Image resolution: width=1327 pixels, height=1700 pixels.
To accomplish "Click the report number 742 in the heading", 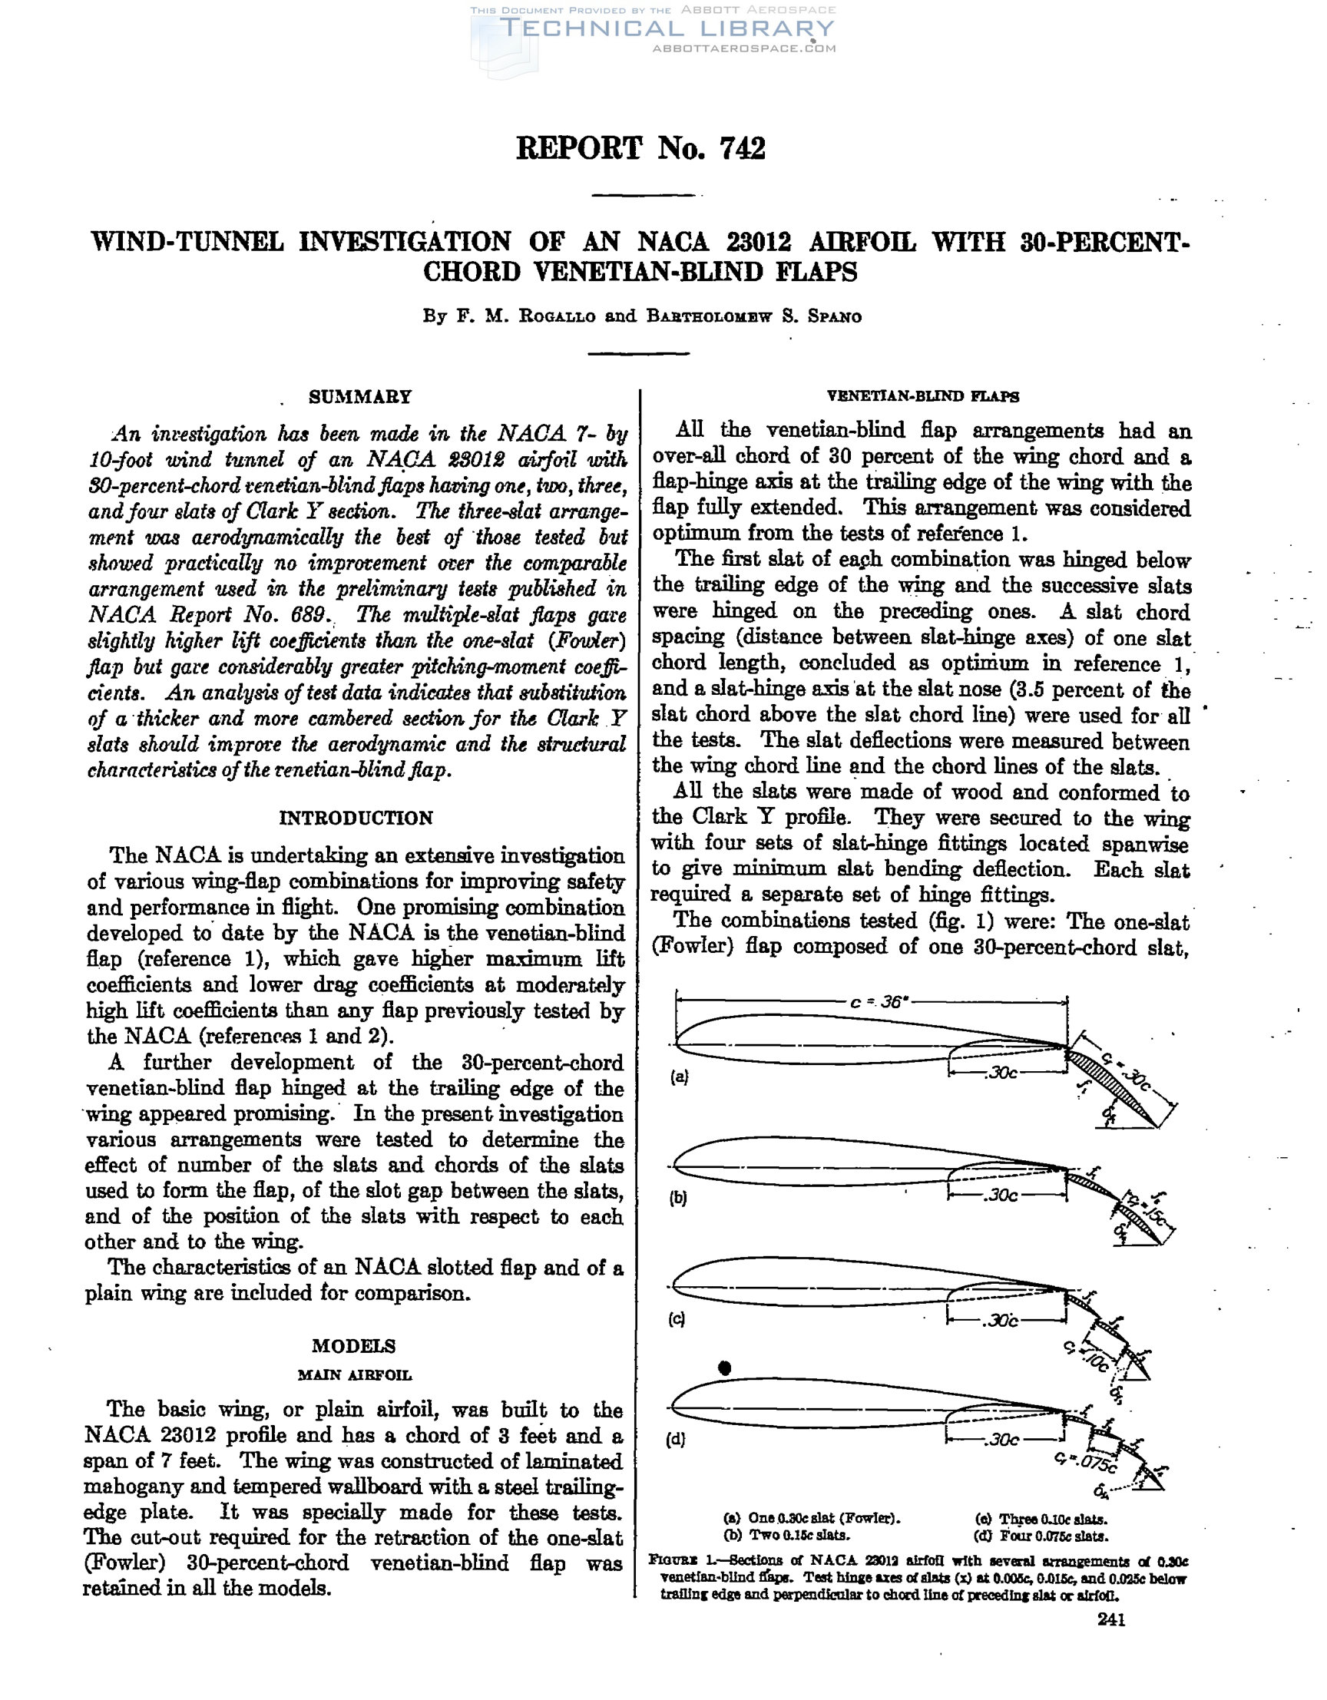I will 743,148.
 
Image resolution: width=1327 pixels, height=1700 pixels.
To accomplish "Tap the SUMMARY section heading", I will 359,397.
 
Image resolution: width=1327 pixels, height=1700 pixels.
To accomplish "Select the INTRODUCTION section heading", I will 356,818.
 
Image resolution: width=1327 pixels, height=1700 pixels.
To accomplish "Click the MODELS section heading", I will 353,1346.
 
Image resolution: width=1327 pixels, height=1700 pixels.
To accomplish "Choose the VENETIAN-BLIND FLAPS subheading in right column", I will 922,396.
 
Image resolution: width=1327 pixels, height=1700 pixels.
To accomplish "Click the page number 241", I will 1110,1620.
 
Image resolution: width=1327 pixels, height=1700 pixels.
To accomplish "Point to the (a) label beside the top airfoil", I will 680,1077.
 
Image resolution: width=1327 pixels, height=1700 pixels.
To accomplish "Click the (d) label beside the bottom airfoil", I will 677,1439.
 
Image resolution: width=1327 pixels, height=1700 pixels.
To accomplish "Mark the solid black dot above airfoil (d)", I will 725,1368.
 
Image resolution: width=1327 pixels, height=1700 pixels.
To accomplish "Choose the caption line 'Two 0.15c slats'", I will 787,1536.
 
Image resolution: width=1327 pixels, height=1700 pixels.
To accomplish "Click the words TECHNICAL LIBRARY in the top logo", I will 667,29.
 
